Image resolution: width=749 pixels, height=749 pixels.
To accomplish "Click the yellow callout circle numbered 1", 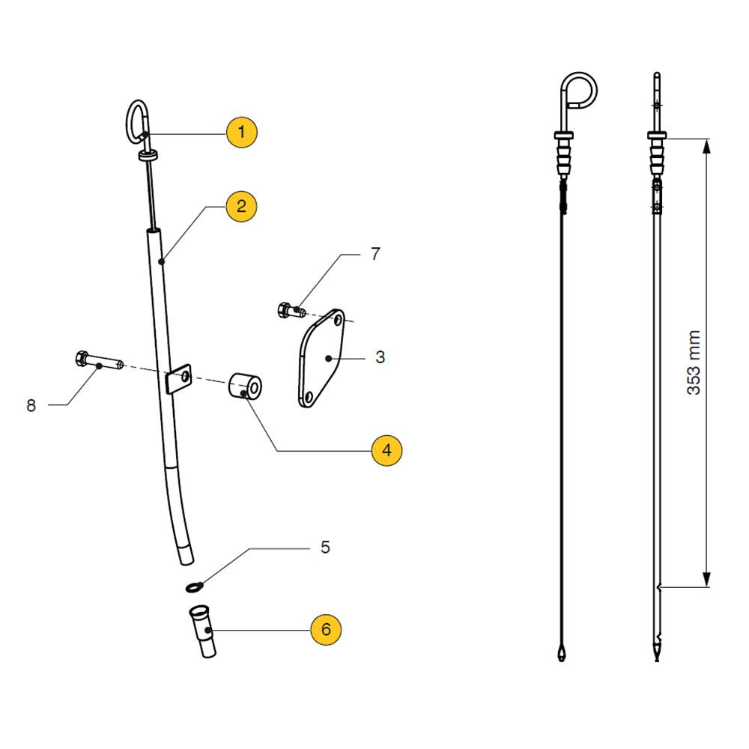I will click(x=241, y=133).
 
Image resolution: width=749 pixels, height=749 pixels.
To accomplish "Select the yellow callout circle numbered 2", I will click(x=241, y=206).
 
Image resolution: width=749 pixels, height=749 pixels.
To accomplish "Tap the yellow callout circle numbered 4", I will click(x=386, y=450).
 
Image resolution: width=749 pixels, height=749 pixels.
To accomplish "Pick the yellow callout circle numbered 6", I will click(x=326, y=629).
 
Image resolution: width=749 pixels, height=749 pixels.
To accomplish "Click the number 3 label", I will click(x=380, y=357).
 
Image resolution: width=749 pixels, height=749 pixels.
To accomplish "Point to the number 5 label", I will click(x=324, y=548).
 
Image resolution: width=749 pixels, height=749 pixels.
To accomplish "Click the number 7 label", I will click(x=375, y=254).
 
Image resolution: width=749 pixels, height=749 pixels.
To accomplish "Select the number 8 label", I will click(x=31, y=406).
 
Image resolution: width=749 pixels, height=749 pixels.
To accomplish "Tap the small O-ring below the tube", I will click(x=193, y=584).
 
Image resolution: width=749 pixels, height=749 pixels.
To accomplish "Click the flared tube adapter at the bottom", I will click(x=203, y=631).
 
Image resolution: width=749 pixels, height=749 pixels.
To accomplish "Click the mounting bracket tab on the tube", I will click(x=178, y=379).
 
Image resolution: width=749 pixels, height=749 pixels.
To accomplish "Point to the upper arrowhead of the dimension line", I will click(x=706, y=146).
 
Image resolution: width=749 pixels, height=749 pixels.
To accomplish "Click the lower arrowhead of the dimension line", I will click(x=706, y=580).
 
